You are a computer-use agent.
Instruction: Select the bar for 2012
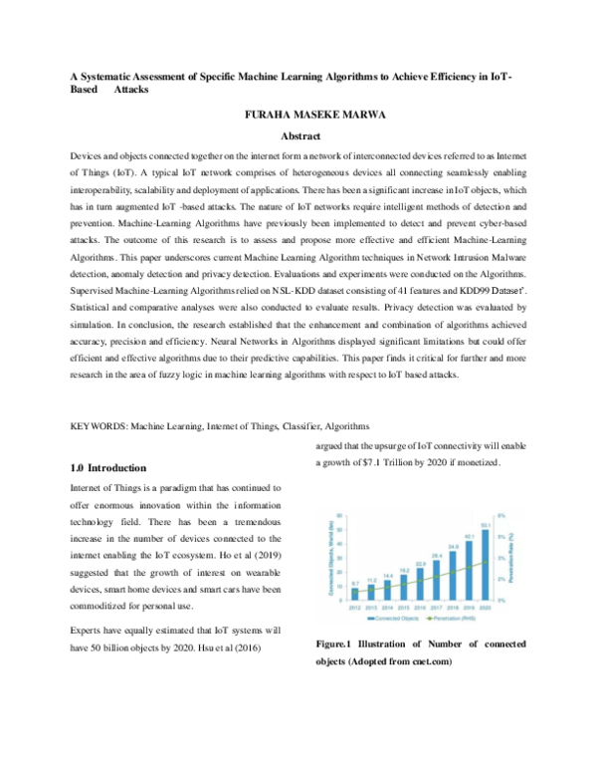pos(355,593)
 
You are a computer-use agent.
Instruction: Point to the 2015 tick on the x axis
pos(404,605)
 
